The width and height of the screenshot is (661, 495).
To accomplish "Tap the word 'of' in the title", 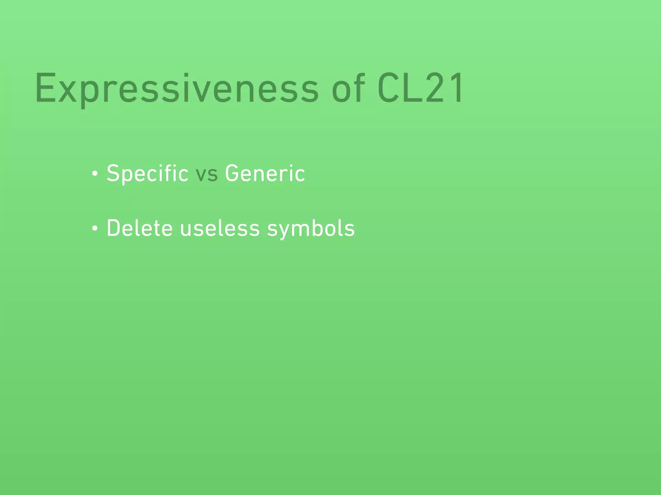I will pos(348,88).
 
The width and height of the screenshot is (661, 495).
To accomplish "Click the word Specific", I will pos(147,174).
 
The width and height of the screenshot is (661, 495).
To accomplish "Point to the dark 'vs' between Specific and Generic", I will pos(207,174).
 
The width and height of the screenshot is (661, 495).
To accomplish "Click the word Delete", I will pos(140,228).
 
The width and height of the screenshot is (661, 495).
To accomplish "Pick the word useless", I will pos(220,228).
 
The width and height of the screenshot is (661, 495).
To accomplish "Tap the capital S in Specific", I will pos(114,173).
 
